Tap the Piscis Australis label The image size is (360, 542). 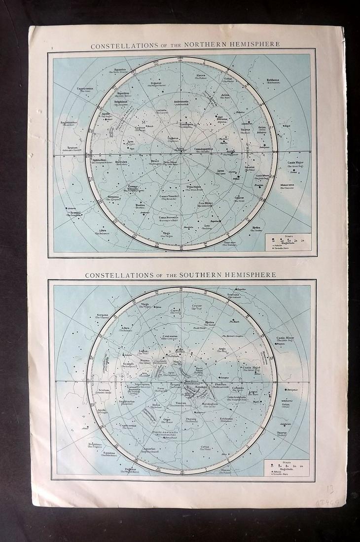[x=162, y=433]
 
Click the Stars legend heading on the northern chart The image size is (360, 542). [x=288, y=237]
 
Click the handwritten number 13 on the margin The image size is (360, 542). [x=330, y=489]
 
